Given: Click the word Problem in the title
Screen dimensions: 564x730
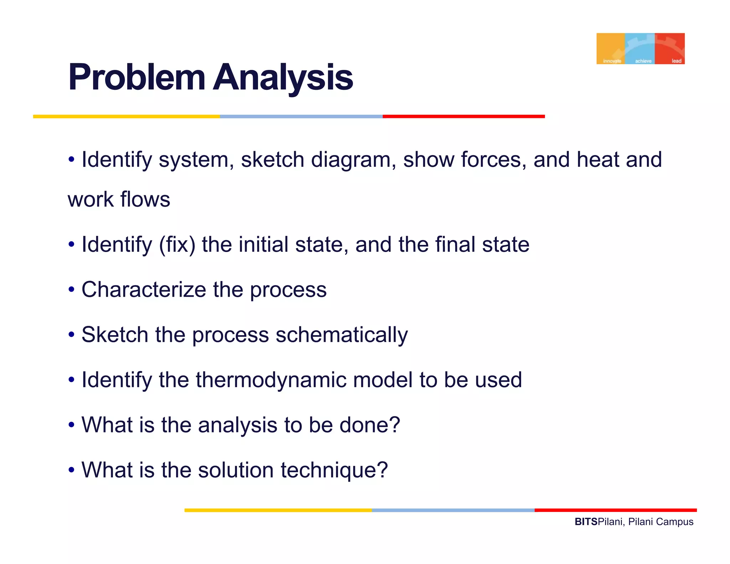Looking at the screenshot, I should (x=137, y=77).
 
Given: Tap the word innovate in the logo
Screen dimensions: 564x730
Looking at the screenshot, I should (x=612, y=61).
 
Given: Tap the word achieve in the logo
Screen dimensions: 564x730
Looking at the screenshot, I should (x=643, y=61).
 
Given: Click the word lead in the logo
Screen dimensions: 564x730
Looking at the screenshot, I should (x=676, y=61).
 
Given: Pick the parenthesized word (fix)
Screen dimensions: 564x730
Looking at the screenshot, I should (x=177, y=245).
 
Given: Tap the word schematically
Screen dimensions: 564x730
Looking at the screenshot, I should (x=341, y=335).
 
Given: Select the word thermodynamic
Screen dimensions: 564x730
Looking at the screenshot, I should (x=271, y=380).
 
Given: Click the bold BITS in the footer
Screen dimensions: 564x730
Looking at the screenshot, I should (x=586, y=522).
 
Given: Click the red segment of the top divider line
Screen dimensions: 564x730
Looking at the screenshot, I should (x=463, y=117).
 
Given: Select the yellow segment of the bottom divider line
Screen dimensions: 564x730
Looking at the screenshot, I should (x=278, y=510).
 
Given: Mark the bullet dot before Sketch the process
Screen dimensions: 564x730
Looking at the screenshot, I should (x=72, y=335).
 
